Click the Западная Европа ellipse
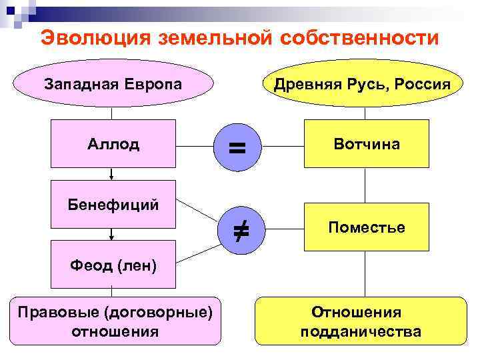click(x=113, y=85)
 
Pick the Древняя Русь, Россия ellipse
click(x=366, y=85)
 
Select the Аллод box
click(x=113, y=143)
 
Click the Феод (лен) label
click(x=113, y=267)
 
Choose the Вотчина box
click(x=366, y=143)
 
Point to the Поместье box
click(x=366, y=227)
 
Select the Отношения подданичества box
click(x=361, y=321)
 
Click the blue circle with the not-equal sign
click(x=240, y=229)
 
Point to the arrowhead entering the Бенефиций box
click(x=112, y=177)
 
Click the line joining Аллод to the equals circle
click(x=195, y=144)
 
